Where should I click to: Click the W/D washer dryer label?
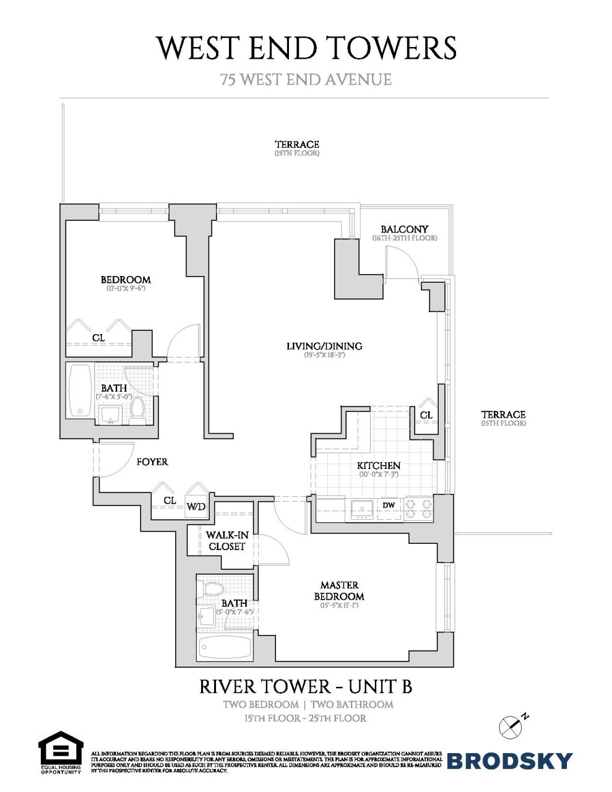(x=196, y=507)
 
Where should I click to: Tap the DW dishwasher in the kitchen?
(x=389, y=506)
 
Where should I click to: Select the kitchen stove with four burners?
(x=418, y=509)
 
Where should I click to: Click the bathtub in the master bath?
(x=225, y=647)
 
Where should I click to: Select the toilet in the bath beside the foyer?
(x=137, y=411)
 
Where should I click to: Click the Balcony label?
(x=404, y=229)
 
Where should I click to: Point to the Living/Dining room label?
(x=324, y=346)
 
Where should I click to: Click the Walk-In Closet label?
(x=227, y=541)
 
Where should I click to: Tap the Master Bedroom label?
(x=339, y=590)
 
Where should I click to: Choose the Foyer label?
(x=152, y=462)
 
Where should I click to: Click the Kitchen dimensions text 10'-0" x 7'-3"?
(x=379, y=475)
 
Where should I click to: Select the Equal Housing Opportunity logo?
(x=61, y=752)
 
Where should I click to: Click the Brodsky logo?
(x=509, y=760)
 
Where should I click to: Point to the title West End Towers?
(x=306, y=48)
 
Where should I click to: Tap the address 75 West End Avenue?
(x=306, y=80)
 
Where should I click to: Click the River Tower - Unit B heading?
(x=306, y=687)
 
